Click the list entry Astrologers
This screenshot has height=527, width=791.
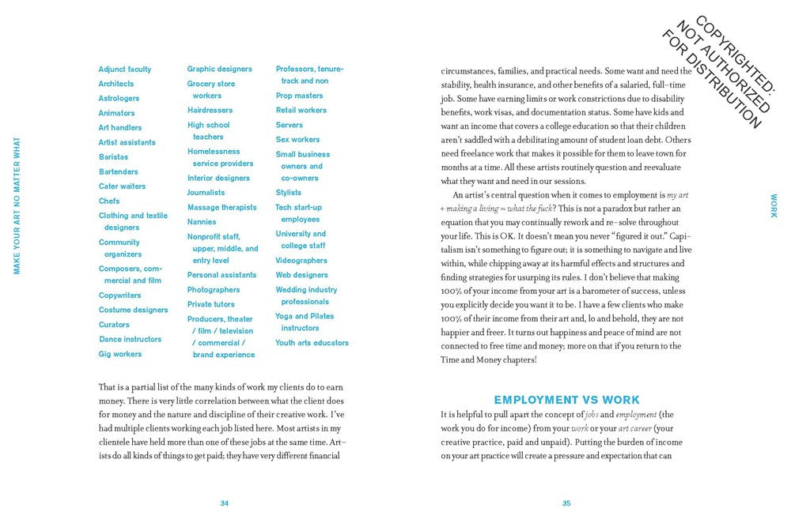(119, 99)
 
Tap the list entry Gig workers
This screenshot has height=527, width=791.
(120, 354)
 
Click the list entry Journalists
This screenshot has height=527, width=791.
(206, 193)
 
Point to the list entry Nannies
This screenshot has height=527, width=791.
(202, 222)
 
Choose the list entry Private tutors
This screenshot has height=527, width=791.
(210, 304)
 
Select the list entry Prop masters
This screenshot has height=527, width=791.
(299, 96)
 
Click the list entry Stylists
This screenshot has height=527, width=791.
(289, 193)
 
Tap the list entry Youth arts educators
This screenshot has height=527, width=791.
(312, 343)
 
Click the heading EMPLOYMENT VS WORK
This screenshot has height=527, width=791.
(566, 401)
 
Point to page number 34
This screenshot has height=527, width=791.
(225, 503)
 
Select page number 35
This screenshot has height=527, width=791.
(566, 503)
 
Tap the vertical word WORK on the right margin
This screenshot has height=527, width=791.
(774, 206)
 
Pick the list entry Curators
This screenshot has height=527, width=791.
(114, 325)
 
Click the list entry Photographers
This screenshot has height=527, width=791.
(214, 290)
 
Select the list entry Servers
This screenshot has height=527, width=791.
(290, 125)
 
